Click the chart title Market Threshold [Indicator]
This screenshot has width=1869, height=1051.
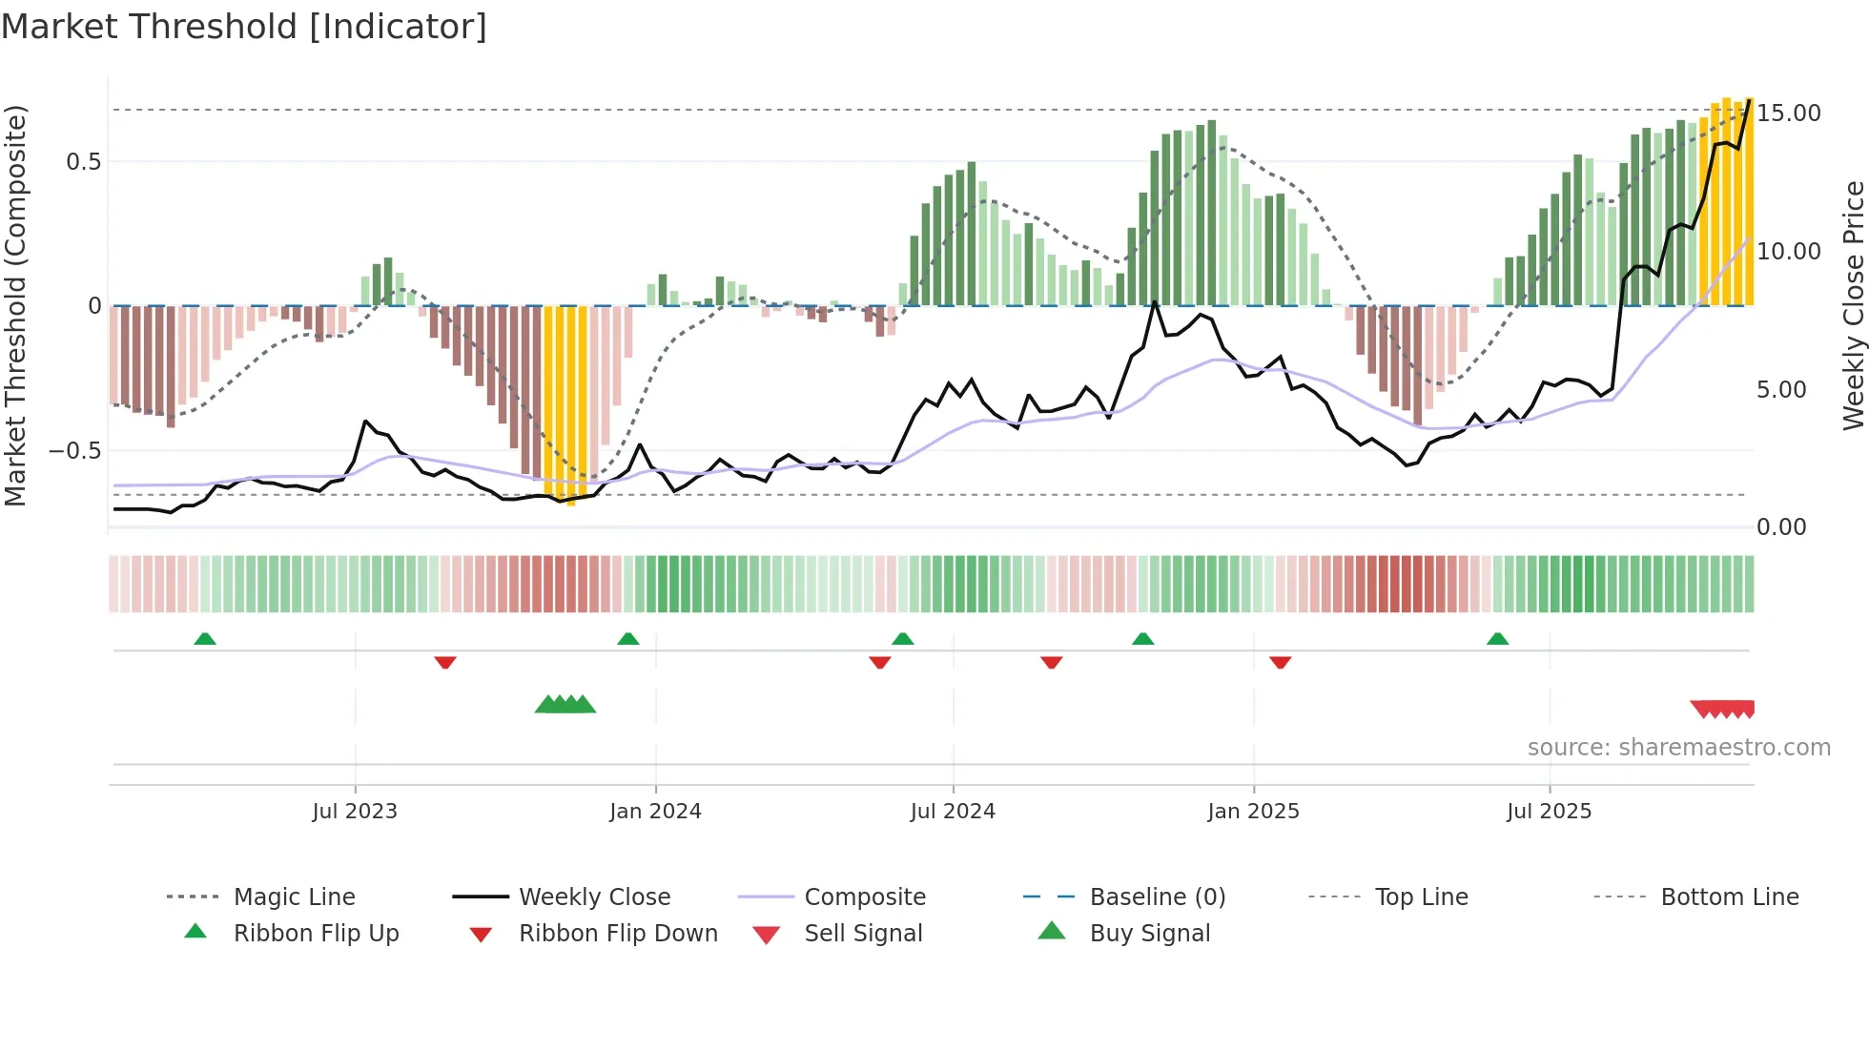point(244,27)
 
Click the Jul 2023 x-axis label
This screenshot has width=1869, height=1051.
point(355,812)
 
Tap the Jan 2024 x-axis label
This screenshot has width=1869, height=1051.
point(655,812)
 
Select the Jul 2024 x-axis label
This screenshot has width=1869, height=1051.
point(953,812)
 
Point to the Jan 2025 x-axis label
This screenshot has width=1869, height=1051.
point(1253,812)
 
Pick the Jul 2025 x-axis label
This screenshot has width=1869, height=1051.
point(1549,812)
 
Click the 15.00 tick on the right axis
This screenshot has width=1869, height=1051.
point(1788,113)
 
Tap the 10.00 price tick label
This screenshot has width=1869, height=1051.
point(1788,252)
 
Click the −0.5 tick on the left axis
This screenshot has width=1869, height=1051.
point(74,451)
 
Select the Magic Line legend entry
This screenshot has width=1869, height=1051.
point(294,897)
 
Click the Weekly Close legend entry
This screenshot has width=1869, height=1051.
point(594,897)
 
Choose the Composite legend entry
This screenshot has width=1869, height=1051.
point(864,897)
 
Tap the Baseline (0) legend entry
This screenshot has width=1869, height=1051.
point(1157,897)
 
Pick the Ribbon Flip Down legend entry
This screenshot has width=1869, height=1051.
point(617,934)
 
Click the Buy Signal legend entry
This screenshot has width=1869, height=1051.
point(1149,934)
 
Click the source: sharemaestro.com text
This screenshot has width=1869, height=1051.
point(1678,748)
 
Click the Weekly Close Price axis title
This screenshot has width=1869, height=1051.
point(1853,305)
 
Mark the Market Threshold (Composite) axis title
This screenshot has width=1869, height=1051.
point(15,305)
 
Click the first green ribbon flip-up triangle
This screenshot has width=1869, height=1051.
point(205,639)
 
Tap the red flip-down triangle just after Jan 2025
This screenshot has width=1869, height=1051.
point(1280,662)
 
